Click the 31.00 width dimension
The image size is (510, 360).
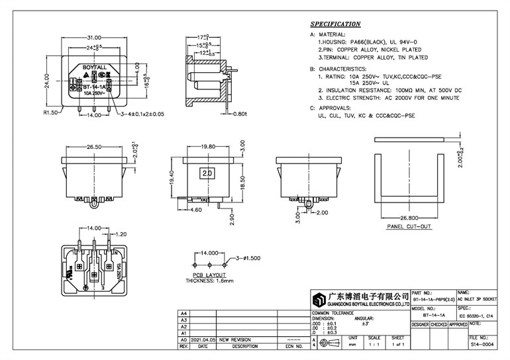94,38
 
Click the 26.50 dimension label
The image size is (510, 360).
93,148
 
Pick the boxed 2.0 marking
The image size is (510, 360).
206,173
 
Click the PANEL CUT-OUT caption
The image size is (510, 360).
408,226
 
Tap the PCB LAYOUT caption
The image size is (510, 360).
209,275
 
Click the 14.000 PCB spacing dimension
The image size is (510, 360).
210,253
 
